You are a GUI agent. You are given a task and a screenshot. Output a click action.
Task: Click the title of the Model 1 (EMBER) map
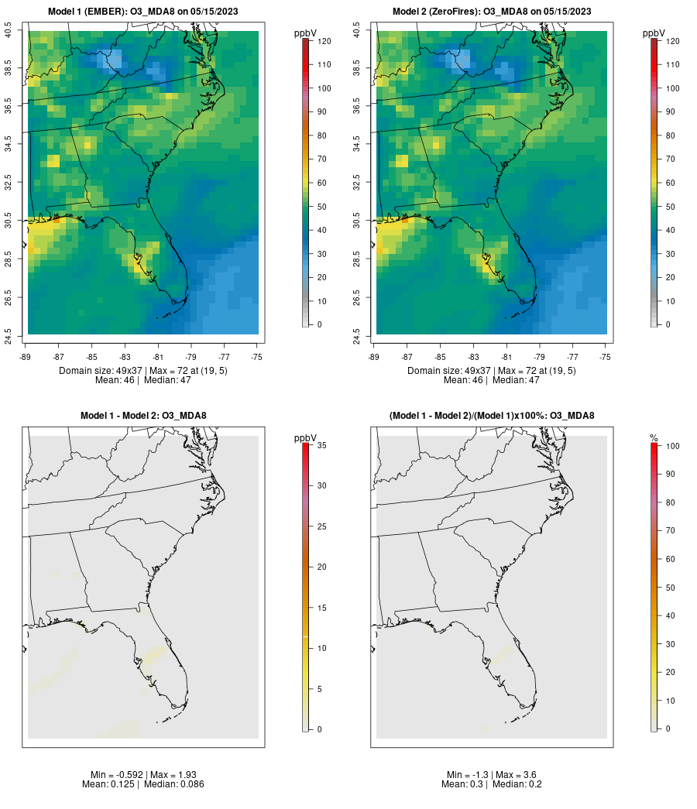coord(142,11)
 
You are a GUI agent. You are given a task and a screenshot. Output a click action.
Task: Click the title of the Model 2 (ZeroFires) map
coord(491,11)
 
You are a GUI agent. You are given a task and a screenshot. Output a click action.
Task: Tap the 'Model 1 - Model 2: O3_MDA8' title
coord(143,416)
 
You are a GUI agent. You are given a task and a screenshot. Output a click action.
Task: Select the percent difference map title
coord(492,416)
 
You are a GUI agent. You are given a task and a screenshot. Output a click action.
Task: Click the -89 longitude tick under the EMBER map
coord(28,357)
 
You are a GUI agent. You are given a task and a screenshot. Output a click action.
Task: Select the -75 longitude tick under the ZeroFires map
coord(605,357)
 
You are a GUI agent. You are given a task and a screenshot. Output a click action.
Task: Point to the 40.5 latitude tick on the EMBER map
coord(9,31)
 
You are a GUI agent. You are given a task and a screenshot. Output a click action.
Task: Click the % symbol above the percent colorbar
coord(654,438)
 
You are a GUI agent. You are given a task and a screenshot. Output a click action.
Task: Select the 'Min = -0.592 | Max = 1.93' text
coord(143,775)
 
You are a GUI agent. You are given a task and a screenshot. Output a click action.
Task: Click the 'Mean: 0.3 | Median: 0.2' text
coord(492,784)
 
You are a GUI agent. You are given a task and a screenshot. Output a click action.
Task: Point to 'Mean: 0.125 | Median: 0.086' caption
coord(143,784)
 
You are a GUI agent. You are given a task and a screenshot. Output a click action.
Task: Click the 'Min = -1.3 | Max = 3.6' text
coord(492,775)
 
